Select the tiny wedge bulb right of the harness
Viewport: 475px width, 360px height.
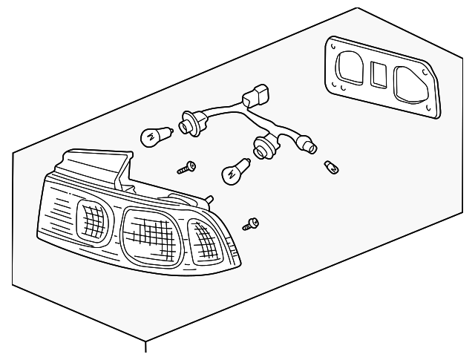pos(332,168)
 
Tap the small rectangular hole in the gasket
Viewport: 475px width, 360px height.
pos(376,74)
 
